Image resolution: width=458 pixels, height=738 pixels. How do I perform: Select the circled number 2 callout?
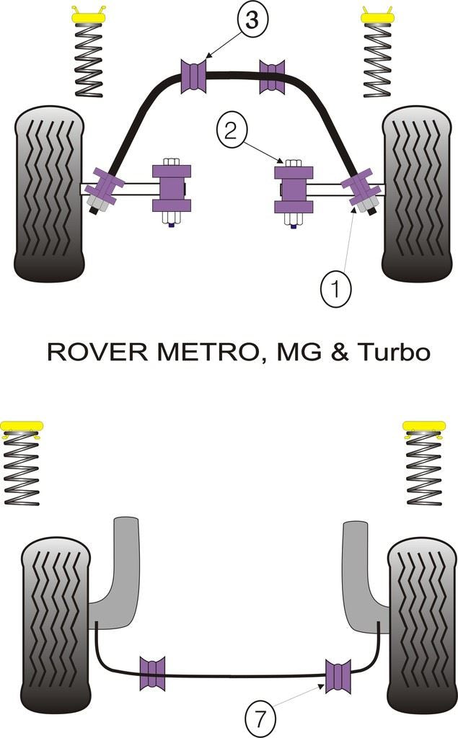pos(230,130)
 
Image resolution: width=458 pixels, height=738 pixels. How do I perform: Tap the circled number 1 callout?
pos(335,290)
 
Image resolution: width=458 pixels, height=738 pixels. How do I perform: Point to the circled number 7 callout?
pos(260,718)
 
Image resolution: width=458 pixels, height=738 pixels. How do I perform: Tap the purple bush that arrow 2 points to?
pos(294,189)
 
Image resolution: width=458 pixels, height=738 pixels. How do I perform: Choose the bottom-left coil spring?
pos(22,471)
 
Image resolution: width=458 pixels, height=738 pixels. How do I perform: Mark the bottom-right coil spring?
pos(424,471)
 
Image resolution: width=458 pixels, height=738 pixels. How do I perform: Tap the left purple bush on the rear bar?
pos(152,673)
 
